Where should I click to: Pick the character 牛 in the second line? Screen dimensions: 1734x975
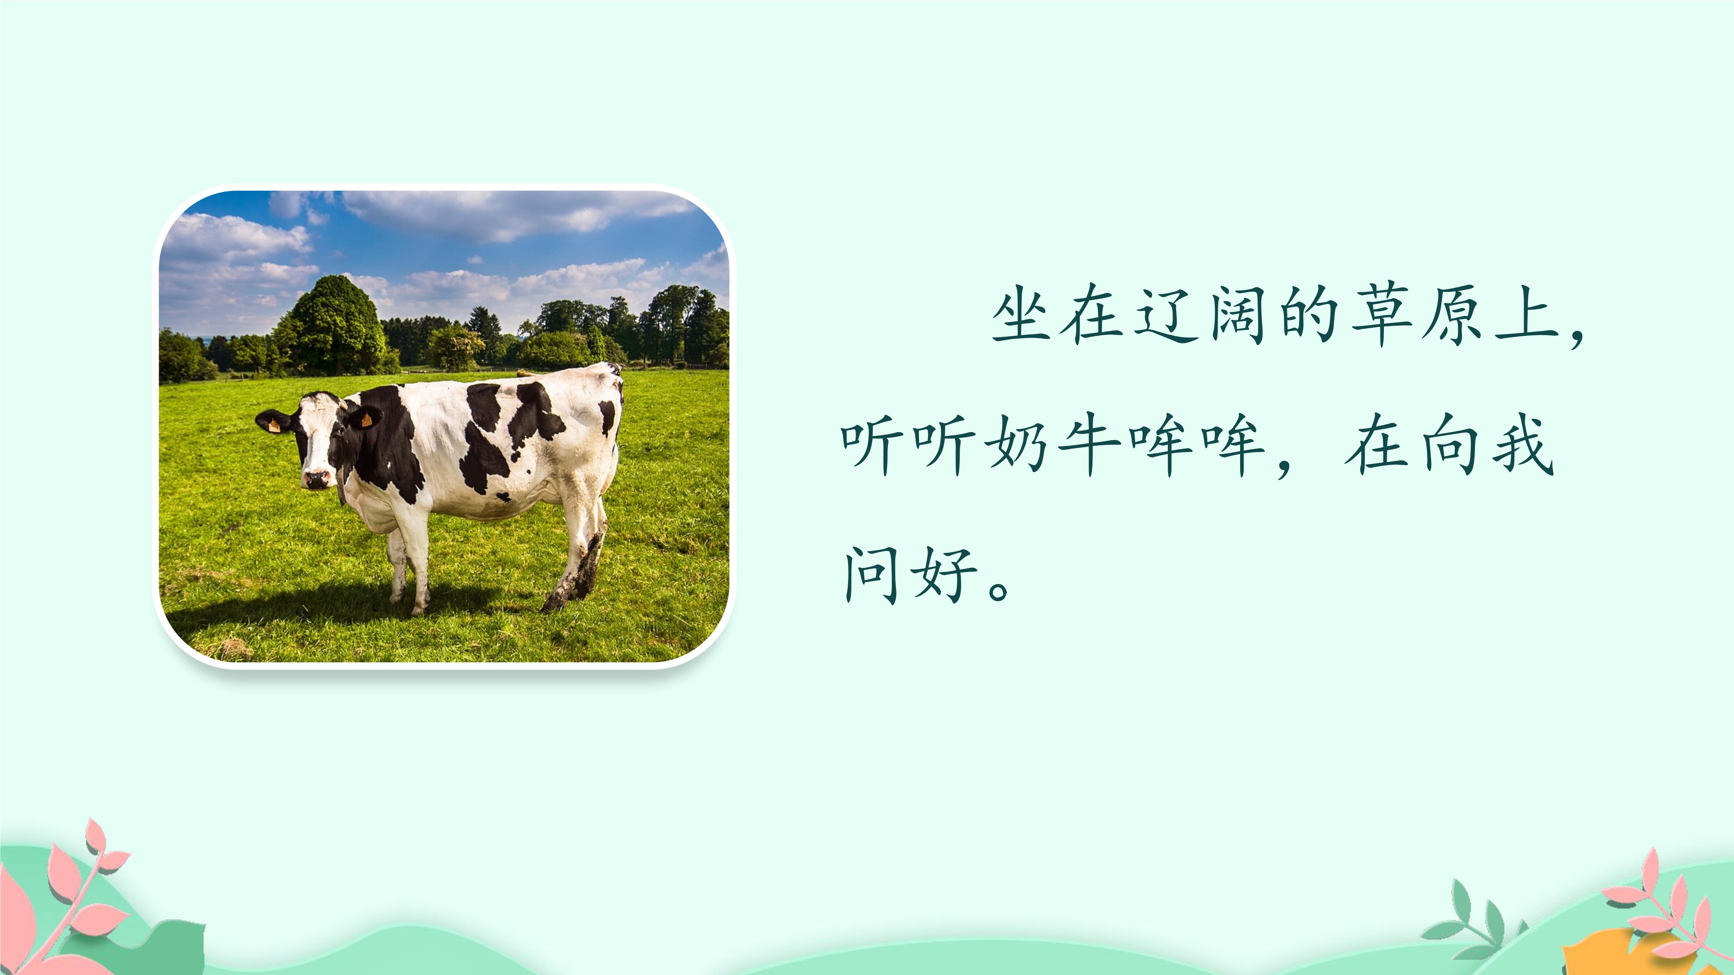1088,444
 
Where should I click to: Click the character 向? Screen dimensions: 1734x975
1449,444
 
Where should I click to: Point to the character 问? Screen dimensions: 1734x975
872,574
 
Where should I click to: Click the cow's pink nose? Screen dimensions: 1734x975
317,479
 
